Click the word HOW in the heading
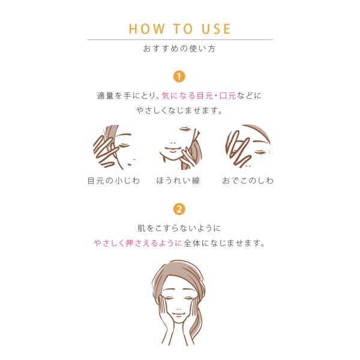pos(147,29)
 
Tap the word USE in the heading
pos(216,29)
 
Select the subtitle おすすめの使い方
pos(179,49)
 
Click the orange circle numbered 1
pos(179,76)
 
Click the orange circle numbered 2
pos(179,209)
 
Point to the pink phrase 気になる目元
pos(187,96)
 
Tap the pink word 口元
pos(228,96)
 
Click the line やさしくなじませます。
pos(179,110)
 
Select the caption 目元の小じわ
pos(113,181)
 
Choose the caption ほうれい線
pos(178,181)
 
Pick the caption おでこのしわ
pos(248,181)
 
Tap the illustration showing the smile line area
pos(180,148)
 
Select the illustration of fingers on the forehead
pos(248,146)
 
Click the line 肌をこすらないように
pos(179,228)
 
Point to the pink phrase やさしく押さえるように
pos(138,243)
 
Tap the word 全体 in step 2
pos(192,243)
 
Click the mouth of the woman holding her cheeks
pos(178,314)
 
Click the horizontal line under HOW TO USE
pos(180,40)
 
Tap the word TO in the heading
pos(183,29)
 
